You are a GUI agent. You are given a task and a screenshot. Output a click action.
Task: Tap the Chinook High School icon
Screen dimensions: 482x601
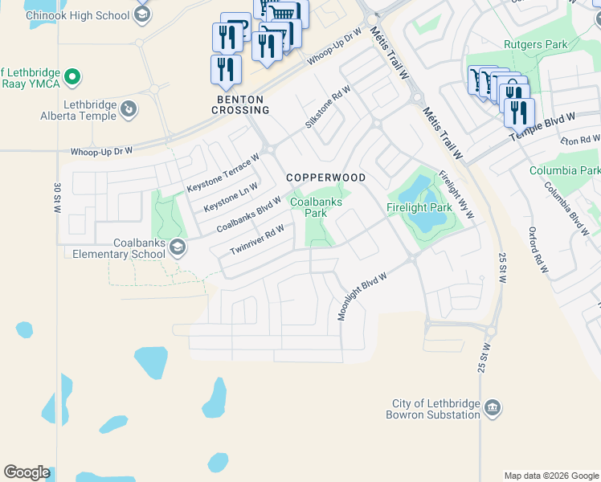click(142, 14)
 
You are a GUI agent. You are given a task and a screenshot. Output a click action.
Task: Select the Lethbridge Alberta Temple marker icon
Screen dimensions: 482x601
click(128, 107)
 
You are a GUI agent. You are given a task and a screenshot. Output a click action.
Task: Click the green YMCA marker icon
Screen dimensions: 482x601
click(73, 77)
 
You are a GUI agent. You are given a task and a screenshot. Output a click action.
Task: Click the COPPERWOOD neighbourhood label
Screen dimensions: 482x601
click(326, 178)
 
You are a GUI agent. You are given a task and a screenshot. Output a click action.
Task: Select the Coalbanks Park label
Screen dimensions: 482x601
click(315, 208)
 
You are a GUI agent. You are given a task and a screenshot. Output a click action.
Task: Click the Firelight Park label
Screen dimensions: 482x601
click(419, 207)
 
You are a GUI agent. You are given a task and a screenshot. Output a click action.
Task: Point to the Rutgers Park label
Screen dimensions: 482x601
click(529, 44)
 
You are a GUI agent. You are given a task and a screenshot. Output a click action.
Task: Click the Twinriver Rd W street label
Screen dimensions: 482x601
click(257, 239)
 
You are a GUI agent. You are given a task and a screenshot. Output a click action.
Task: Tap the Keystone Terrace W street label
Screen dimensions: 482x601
click(223, 174)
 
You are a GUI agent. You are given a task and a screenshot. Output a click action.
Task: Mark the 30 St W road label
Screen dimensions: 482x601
click(58, 198)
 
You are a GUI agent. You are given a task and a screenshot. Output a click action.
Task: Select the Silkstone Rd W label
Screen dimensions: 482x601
click(328, 108)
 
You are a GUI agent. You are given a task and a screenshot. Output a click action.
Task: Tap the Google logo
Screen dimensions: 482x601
click(27, 472)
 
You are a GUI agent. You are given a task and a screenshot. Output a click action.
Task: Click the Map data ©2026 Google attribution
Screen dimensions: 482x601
click(550, 476)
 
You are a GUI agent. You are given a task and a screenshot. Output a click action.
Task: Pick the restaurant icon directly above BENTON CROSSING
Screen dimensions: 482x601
click(226, 69)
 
